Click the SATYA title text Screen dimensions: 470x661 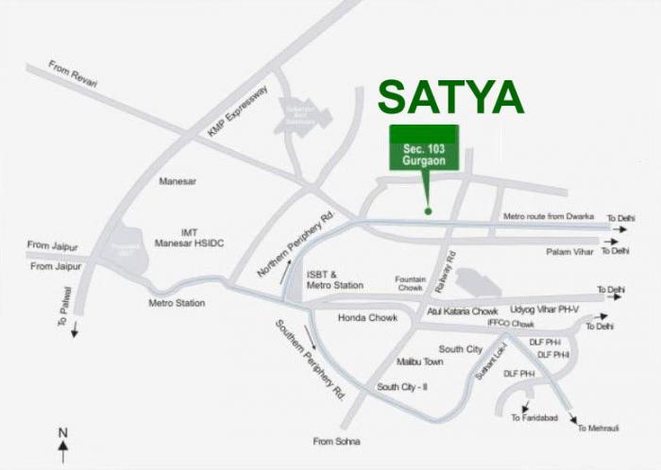(x=450, y=97)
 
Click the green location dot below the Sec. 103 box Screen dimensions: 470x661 (x=428, y=210)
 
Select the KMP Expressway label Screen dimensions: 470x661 (x=239, y=112)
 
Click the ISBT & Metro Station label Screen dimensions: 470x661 (x=334, y=279)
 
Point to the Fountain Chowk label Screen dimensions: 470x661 (x=410, y=283)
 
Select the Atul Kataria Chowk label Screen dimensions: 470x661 (x=462, y=311)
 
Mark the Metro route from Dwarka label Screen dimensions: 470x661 (x=551, y=216)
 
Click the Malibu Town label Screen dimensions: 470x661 (x=420, y=361)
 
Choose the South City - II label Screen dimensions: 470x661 (x=403, y=387)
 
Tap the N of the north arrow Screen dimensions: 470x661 (x=62, y=434)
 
